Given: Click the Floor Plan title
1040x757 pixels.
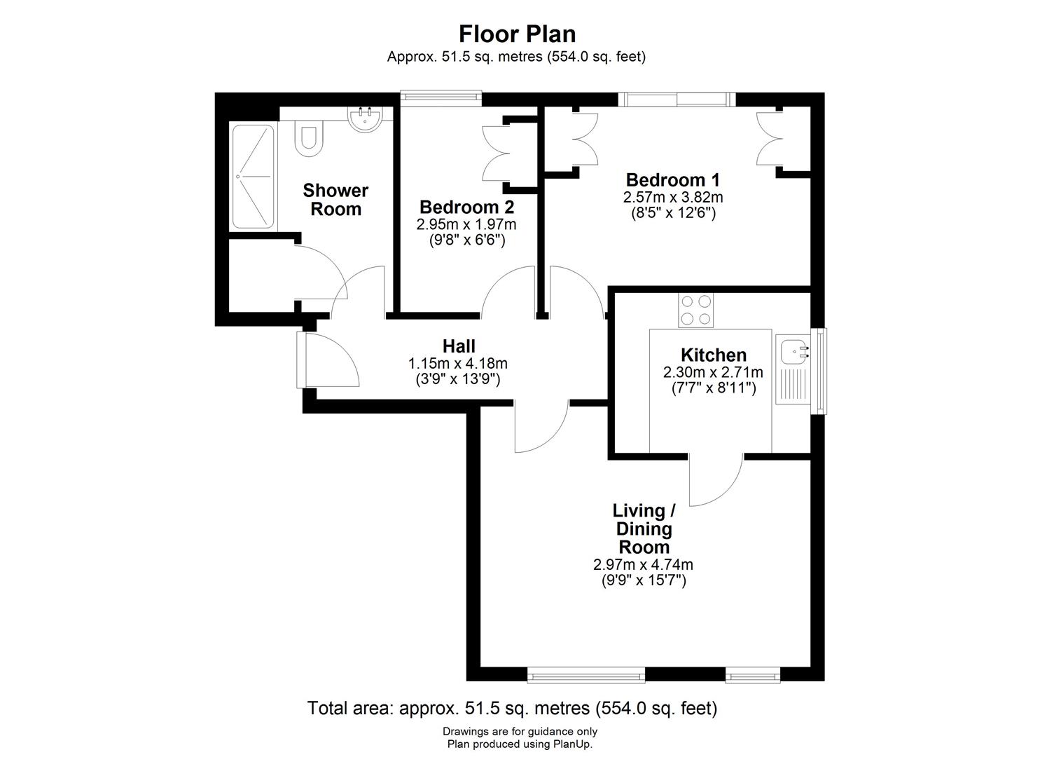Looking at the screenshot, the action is pos(517,34).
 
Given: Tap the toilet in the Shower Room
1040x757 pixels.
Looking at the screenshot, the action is pos(309,136).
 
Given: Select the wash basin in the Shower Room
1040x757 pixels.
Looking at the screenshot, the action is pos(366,119).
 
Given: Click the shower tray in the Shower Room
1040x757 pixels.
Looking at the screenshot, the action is pos(253,177).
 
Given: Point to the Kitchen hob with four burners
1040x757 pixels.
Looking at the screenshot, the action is pos(695,311).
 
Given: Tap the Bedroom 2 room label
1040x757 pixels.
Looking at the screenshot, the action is pos(466,207).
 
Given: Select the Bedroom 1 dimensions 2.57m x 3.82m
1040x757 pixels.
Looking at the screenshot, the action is pos(673,197).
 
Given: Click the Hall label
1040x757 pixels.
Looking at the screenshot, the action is pos(459,346).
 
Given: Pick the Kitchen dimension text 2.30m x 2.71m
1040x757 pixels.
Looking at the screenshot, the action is pos(713,371).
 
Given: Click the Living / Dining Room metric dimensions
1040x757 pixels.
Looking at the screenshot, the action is pos(643,564).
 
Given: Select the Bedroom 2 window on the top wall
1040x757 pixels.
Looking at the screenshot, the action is pos(441,97).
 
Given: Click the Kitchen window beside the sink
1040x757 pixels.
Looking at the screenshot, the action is pos(821,371).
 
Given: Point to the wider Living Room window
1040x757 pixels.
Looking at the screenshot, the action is pos(586,675).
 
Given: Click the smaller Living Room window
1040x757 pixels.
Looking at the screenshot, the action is pos(753,675).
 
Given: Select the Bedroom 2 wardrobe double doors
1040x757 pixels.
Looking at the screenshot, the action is pos(497,154).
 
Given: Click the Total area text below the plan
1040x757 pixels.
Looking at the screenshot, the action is pos(512,708).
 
